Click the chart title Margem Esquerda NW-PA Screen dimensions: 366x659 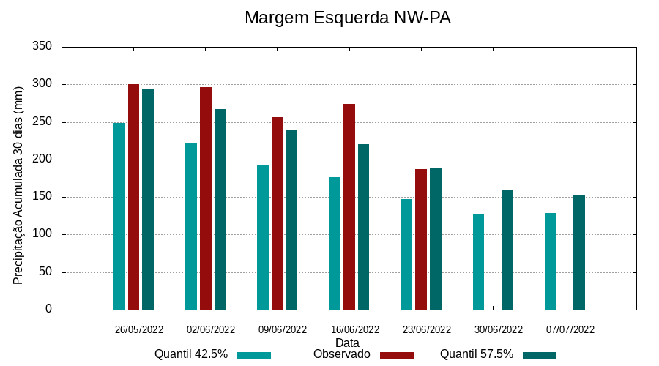[347, 18]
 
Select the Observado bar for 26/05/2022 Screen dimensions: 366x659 [133, 197]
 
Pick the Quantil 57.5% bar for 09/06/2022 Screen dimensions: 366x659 [291, 220]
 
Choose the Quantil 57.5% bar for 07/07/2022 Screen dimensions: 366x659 [579, 252]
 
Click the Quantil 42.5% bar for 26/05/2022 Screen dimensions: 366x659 [119, 216]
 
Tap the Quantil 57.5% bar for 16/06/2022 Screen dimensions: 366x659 [363, 227]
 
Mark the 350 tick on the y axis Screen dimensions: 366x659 [42, 47]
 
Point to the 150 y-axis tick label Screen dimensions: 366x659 [42, 197]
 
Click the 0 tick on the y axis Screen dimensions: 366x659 [48, 309]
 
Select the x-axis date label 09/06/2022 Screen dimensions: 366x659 [283, 329]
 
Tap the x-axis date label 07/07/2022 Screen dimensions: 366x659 [570, 329]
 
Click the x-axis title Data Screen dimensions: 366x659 [347, 343]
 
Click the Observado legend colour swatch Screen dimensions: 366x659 [397, 355]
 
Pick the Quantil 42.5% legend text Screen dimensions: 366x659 [191, 354]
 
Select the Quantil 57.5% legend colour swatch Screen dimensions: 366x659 [540, 355]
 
